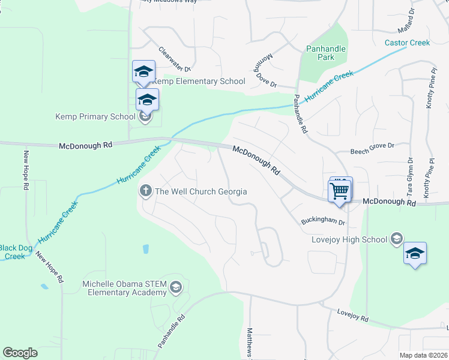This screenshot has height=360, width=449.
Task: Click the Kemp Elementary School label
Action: (x=199, y=81)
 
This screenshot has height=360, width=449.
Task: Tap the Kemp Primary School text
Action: (x=95, y=116)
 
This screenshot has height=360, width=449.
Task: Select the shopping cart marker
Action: (x=340, y=191)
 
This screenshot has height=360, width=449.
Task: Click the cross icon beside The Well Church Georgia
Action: (x=145, y=191)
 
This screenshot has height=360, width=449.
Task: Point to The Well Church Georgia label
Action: (x=201, y=191)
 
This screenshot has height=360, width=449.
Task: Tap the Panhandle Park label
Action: (x=319, y=53)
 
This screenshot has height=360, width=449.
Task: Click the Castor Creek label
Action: (x=407, y=43)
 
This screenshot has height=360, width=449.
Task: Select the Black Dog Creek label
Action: (x=13, y=252)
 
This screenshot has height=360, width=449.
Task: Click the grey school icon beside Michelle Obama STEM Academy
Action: (x=175, y=287)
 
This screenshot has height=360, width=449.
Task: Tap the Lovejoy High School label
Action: (x=349, y=239)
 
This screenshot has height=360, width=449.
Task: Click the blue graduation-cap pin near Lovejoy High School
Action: (x=415, y=254)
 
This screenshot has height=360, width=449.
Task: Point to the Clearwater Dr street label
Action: (x=174, y=59)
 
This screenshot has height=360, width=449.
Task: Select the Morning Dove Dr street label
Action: (x=268, y=70)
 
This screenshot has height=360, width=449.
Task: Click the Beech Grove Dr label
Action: (x=372, y=146)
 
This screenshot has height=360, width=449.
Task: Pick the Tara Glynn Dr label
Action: (x=411, y=178)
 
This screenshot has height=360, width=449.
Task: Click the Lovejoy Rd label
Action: (x=352, y=316)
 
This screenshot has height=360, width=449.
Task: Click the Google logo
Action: (x=20, y=353)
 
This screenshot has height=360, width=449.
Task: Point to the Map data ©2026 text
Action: (x=423, y=355)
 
